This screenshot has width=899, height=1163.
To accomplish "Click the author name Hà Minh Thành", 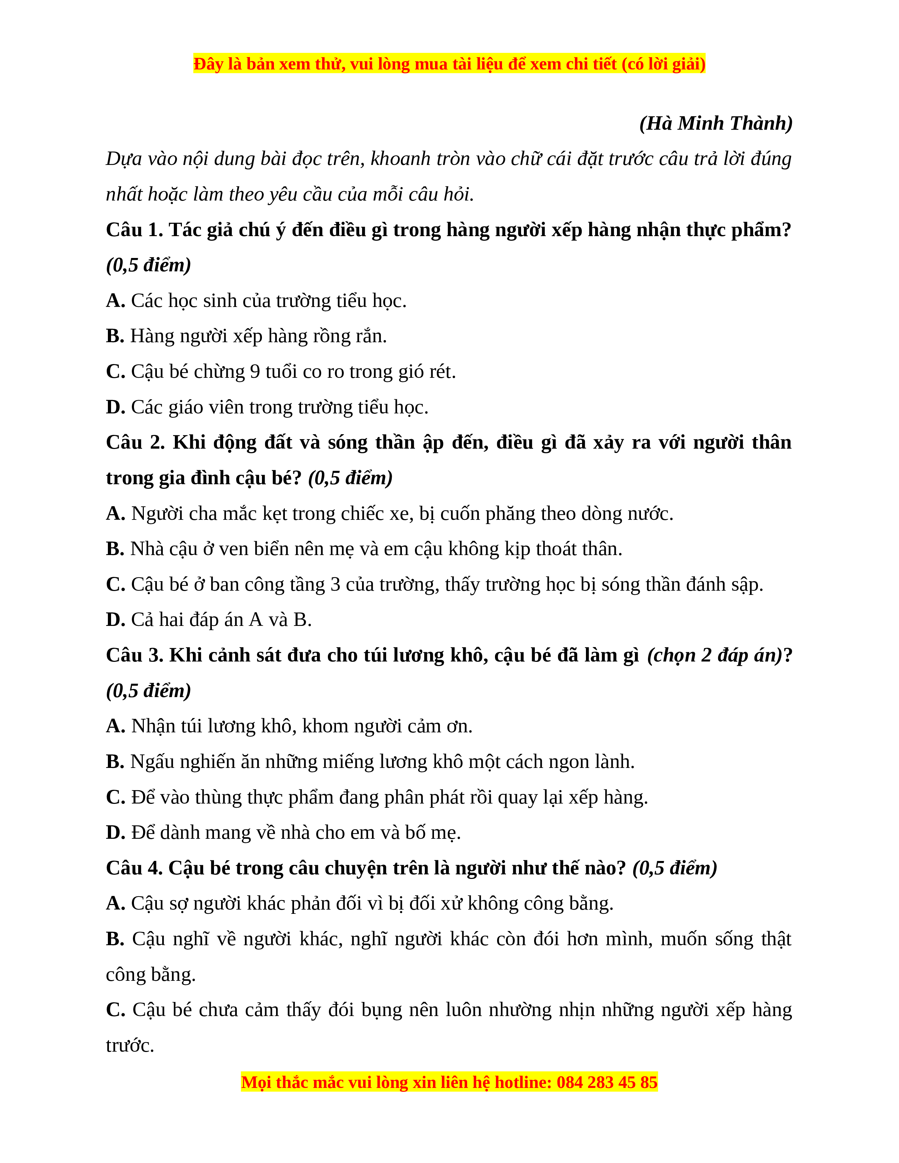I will point(716,124).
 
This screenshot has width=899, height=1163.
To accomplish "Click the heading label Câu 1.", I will point(134,230).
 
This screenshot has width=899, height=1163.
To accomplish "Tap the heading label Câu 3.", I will point(134,655).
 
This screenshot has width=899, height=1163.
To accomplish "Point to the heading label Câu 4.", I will point(134,868).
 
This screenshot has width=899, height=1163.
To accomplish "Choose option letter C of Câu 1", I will point(115,372).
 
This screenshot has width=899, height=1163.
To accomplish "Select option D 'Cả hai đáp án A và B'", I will point(209,620).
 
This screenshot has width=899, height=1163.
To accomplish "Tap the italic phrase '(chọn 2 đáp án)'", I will point(714,655).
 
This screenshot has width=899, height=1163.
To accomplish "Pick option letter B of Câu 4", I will point(115,939).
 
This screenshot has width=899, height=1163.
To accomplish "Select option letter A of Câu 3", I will point(115,726).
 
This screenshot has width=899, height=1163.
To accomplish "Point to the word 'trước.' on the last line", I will point(130,1045).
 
